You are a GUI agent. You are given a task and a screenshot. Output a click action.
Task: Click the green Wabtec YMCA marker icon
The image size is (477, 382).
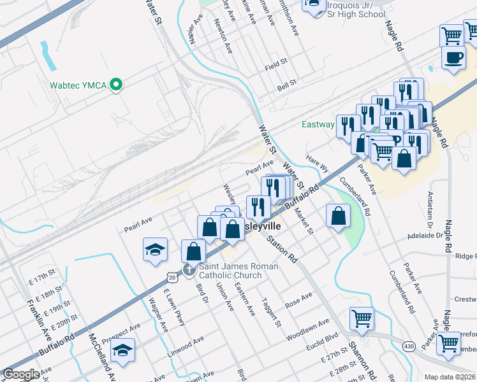[x=116, y=85]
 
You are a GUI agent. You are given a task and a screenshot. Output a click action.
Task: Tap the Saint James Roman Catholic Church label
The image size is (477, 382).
[x=230, y=271]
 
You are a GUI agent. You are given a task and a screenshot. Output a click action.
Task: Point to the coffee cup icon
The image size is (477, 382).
[x=453, y=57]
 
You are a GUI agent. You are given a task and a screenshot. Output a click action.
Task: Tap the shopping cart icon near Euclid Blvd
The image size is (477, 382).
[x=362, y=318]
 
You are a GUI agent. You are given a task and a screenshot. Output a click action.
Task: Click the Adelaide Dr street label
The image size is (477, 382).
[x=427, y=235]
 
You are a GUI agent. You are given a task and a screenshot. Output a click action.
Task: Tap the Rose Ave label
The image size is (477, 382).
[x=298, y=299]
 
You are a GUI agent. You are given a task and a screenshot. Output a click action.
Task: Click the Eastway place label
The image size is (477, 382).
[x=318, y=125]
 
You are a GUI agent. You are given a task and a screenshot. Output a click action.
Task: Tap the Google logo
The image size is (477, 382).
[x=22, y=374]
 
